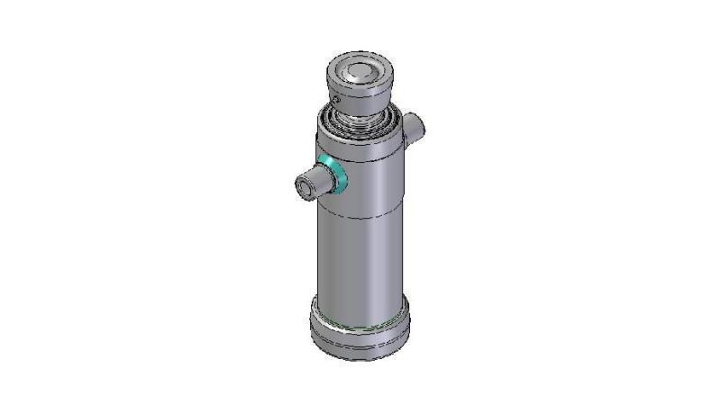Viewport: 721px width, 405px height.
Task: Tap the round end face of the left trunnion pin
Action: point(303,188)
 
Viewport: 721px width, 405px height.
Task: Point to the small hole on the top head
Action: point(336,97)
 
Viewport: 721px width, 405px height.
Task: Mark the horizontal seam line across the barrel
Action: point(360,219)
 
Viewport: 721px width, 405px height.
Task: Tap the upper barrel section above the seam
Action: point(370,180)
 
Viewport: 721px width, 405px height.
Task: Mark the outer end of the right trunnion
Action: point(419,126)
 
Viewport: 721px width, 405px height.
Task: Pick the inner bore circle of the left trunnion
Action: point(301,189)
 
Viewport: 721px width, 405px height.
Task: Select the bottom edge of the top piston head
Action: point(360,111)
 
